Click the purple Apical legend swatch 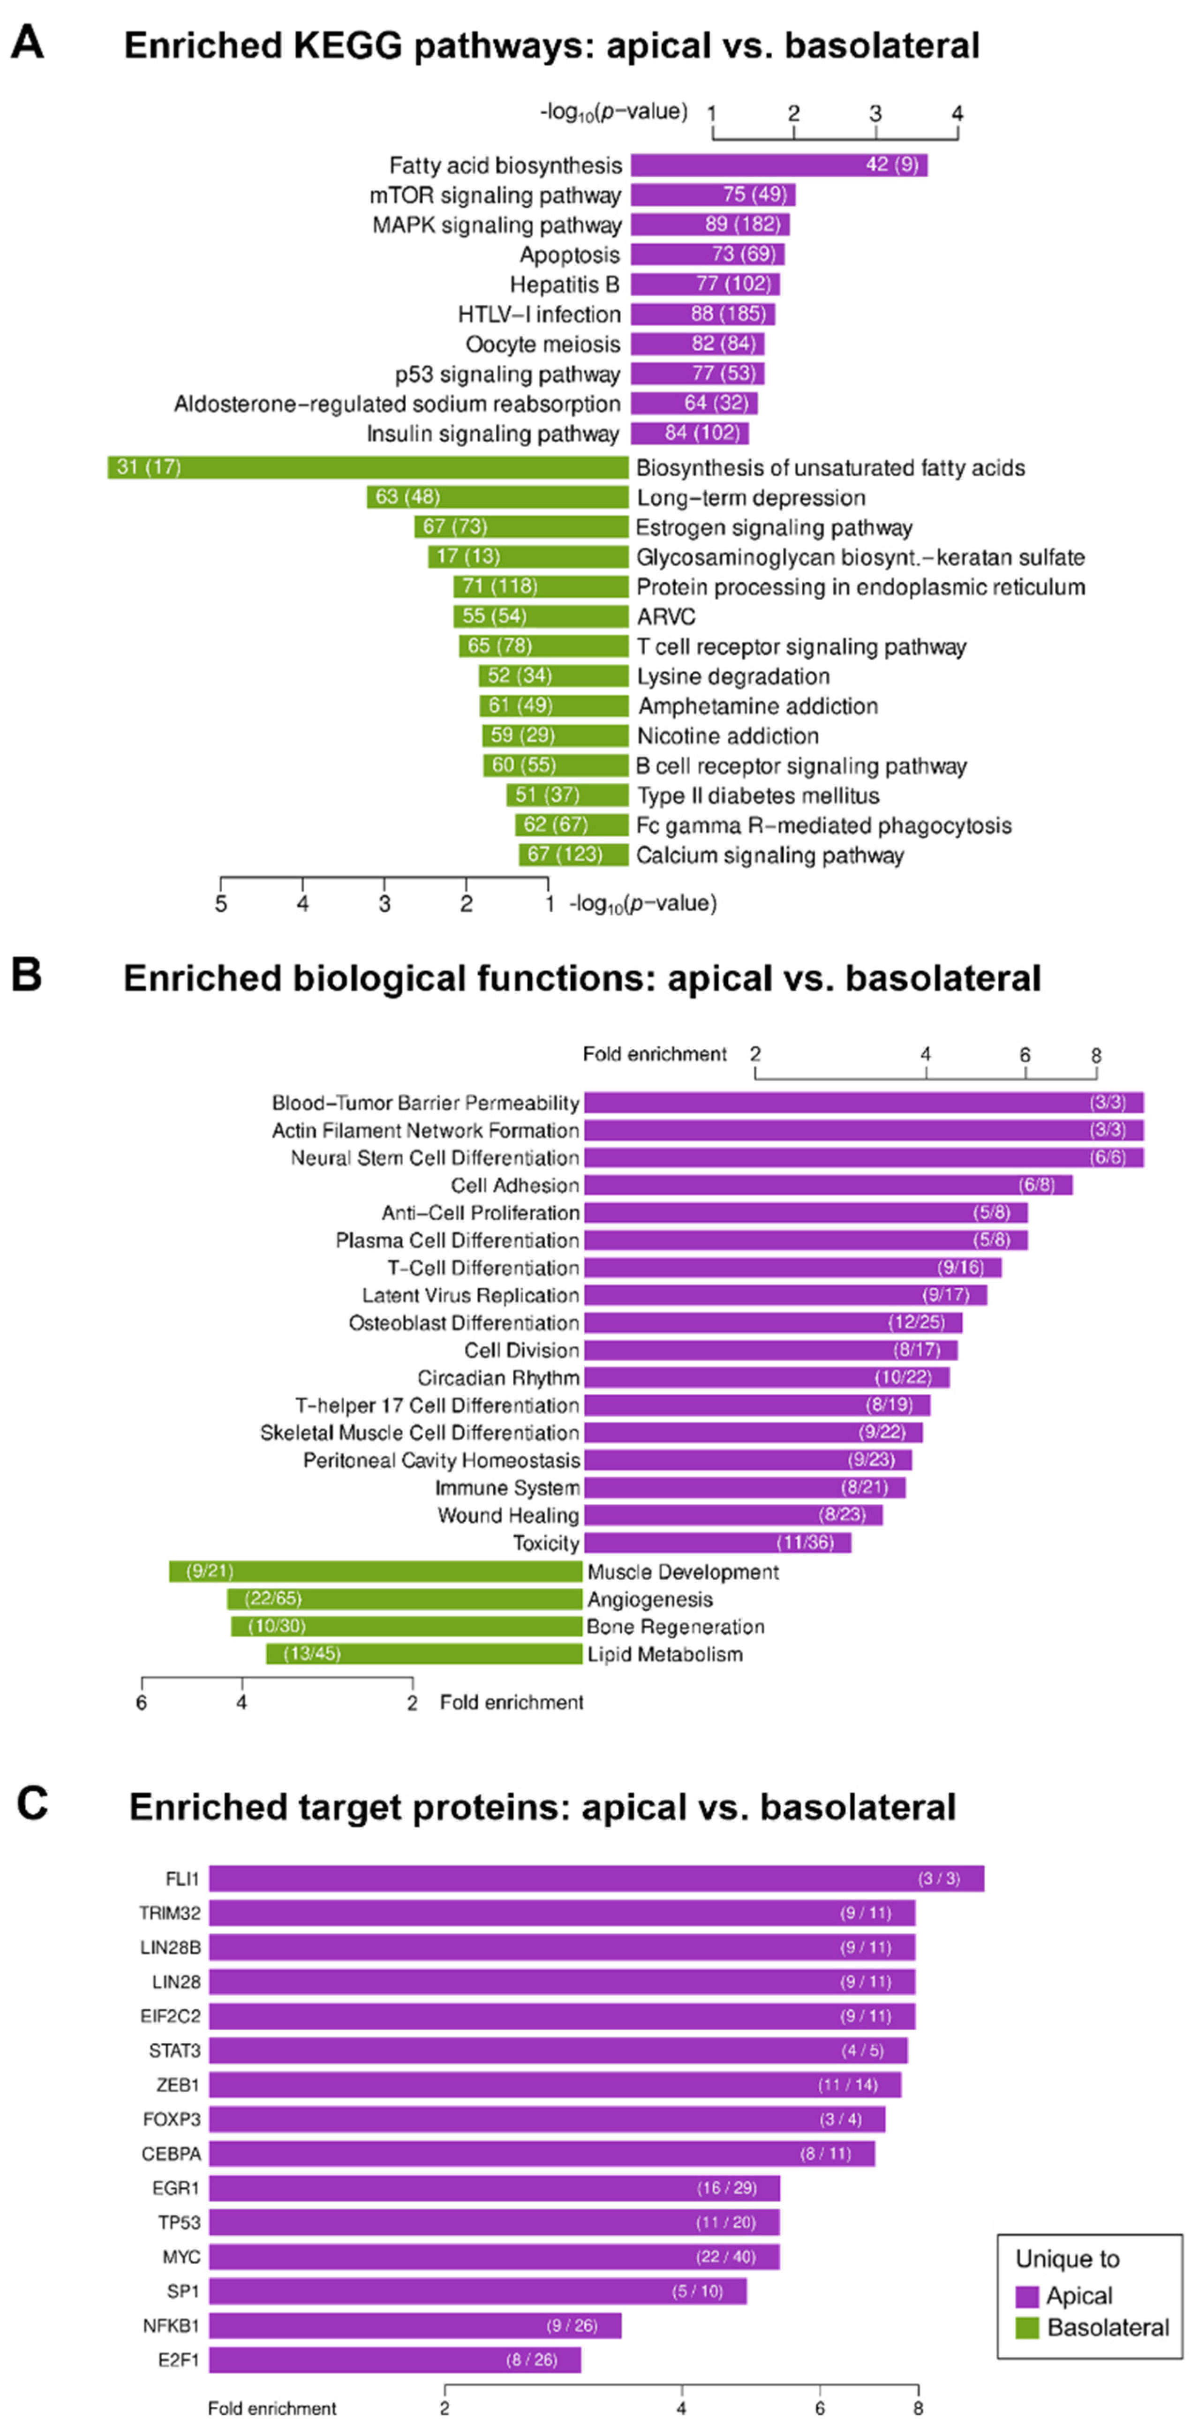pos(1027,2296)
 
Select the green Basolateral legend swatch pos(1027,2328)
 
